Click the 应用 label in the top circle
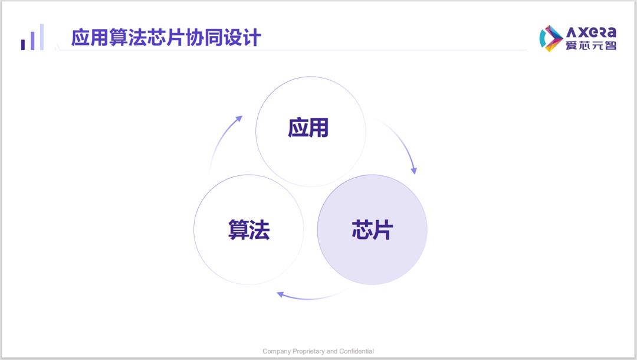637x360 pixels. click(x=308, y=127)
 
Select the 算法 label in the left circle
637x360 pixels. click(x=249, y=230)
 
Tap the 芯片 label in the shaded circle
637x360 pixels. click(x=372, y=230)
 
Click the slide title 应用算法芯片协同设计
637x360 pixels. click(x=166, y=37)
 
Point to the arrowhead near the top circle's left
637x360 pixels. click(x=239, y=119)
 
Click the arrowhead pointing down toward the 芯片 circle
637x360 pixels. click(x=413, y=171)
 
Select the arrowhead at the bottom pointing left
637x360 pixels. click(x=280, y=294)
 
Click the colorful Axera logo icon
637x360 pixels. click(x=550, y=38)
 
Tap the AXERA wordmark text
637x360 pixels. click(x=591, y=32)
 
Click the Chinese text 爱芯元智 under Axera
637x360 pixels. click(x=591, y=45)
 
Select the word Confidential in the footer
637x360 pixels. click(x=357, y=351)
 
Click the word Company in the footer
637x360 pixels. click(x=277, y=352)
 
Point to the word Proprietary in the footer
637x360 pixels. click(x=308, y=352)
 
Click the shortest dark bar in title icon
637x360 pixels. click(x=23, y=45)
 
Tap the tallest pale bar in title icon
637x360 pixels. click(x=41, y=37)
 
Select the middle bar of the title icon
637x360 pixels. click(x=32, y=41)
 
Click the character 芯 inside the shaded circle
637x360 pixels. click(x=362, y=230)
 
